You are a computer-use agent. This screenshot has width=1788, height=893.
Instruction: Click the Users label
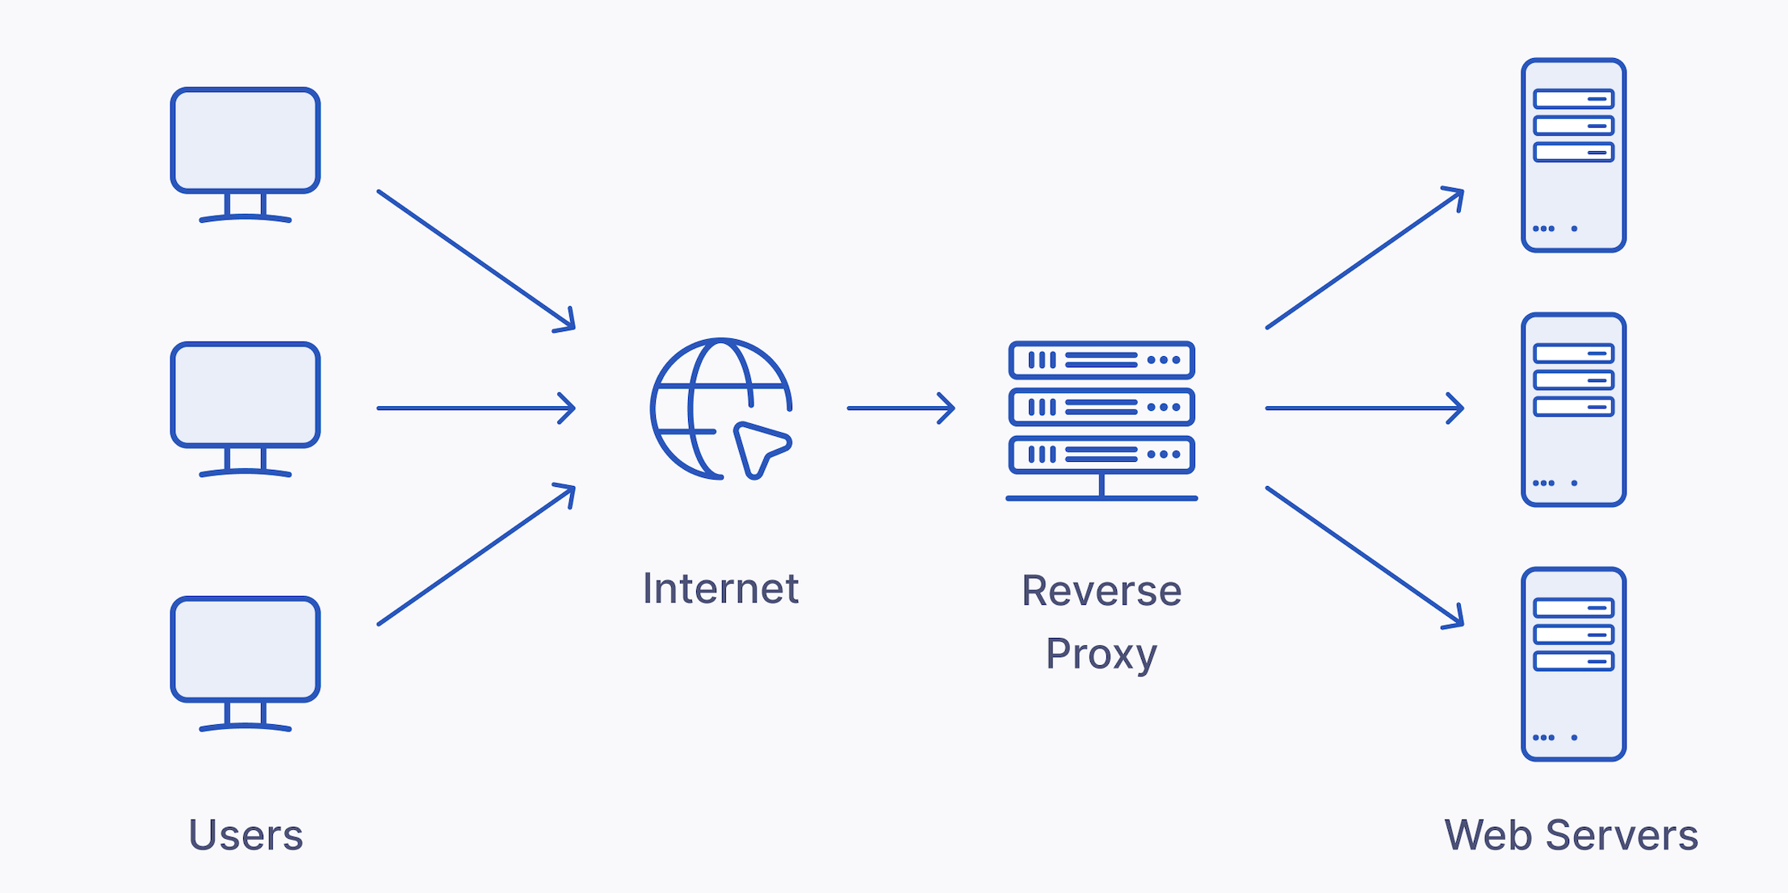click(246, 835)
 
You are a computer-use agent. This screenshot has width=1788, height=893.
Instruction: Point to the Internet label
click(720, 589)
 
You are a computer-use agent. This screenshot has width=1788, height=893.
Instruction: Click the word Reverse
click(1102, 591)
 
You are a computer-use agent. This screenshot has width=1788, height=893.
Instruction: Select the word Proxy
click(1102, 653)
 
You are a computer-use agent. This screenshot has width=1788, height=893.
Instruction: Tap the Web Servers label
click(1571, 835)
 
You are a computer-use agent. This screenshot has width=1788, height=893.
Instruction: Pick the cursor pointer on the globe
click(761, 448)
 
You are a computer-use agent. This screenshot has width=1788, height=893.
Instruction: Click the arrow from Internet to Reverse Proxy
click(900, 409)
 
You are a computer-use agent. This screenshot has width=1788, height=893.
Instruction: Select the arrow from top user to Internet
click(476, 261)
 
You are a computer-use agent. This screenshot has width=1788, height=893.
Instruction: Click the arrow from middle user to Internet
click(476, 409)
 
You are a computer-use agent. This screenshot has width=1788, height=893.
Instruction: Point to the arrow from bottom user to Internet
click(476, 555)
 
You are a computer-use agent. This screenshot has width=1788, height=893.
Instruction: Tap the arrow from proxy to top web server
click(1365, 258)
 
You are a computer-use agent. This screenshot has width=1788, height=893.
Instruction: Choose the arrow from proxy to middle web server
click(1365, 409)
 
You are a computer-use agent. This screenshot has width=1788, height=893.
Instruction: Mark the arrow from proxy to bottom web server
click(1365, 557)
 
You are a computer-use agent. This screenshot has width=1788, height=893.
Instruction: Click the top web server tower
click(1573, 155)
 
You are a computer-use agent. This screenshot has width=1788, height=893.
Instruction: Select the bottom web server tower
click(1573, 664)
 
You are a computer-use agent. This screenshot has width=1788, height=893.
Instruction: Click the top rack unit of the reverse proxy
click(1102, 360)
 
